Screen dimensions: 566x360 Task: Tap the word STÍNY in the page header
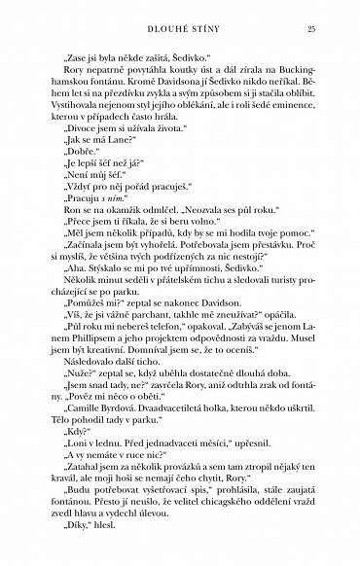[x=205, y=30]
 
